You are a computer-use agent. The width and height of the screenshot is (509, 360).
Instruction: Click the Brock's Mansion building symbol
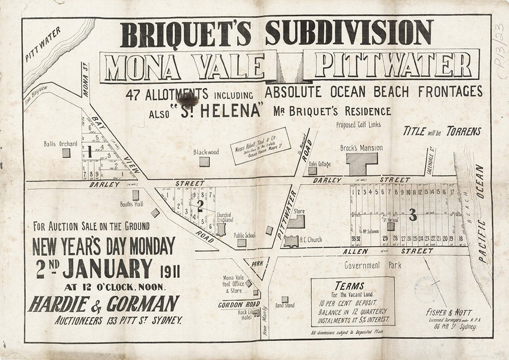[361, 164]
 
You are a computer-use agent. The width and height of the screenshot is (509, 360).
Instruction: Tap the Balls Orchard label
[61, 144]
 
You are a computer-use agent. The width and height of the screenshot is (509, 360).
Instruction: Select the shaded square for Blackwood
[204, 162]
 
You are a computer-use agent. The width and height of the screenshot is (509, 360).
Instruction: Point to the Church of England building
[221, 229]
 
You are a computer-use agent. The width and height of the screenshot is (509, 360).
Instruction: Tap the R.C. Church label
[311, 240]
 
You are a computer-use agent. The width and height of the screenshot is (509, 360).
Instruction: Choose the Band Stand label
[285, 305]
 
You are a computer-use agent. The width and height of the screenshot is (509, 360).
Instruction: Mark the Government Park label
[372, 265]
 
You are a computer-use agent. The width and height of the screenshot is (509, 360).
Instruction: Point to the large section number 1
[90, 152]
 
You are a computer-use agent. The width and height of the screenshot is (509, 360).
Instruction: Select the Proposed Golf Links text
[358, 125]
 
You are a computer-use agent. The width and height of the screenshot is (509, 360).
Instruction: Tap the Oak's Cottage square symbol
[312, 171]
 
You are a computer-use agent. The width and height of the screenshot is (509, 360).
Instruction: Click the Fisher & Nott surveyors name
[449, 313]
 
